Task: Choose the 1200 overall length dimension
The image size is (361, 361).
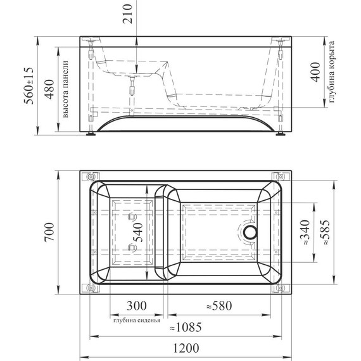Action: pos(184,348)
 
